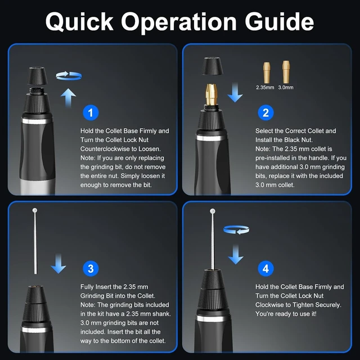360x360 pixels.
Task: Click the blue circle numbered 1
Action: [91, 112]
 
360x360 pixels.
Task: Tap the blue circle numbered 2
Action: [265, 112]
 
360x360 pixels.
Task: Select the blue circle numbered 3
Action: [91, 268]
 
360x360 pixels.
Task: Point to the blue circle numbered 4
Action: [265, 268]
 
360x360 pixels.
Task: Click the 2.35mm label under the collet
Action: [265, 88]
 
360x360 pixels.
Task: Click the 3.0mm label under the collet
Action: [286, 88]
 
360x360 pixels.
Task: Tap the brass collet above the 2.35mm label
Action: [266, 73]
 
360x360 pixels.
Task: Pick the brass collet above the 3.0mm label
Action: [286, 72]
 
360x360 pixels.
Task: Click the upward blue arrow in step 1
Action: [68, 97]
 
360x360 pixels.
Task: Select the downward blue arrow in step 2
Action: [235, 92]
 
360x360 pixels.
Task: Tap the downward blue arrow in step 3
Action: [58, 264]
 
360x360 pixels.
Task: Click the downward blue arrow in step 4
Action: [236, 254]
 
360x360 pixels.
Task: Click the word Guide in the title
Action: [279, 21]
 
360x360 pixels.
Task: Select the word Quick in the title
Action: [79, 22]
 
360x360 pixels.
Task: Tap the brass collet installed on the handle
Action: [211, 94]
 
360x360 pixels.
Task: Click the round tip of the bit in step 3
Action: [35, 210]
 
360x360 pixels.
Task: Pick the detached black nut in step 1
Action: [37, 76]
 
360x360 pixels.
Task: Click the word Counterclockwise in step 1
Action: [105, 148]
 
